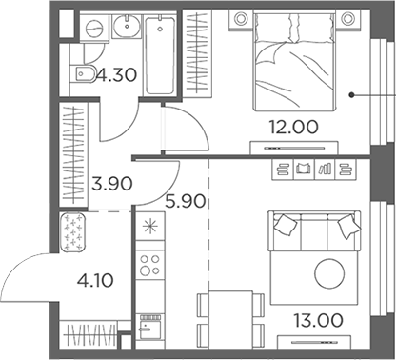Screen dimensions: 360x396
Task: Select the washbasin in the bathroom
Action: coord(127,30)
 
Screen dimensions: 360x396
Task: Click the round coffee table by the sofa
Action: coord(328,272)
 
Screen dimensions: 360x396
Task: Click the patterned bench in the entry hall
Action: coord(73,231)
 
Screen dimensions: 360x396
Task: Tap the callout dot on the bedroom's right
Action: coord(351,94)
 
